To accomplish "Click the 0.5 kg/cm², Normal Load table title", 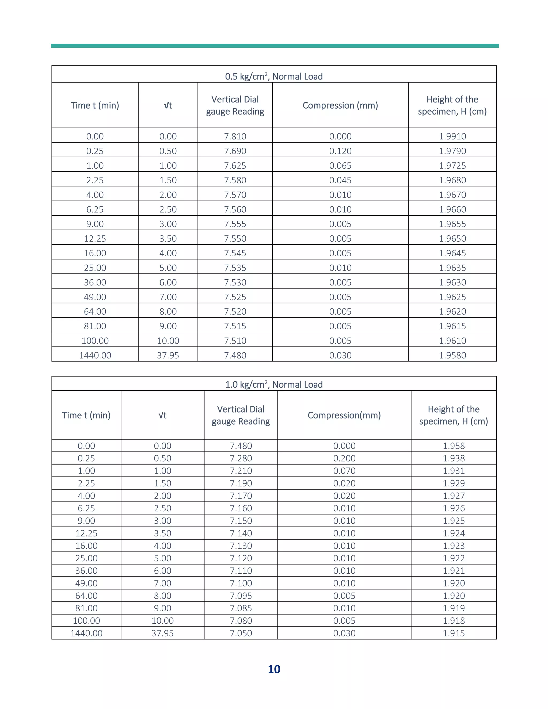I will (274, 76).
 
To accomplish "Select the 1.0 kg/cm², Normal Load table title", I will (274, 384).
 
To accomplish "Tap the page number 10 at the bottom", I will (274, 669).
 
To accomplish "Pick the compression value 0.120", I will (340, 151).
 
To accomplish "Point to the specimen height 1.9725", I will (452, 165).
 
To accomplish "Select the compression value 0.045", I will (340, 180).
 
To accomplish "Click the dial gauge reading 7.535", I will (235, 268).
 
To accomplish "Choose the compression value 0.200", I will (344, 458).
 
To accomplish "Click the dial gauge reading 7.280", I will (241, 458).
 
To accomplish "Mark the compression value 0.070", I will (344, 470).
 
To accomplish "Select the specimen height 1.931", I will (454, 470).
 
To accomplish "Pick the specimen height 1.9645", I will (452, 253).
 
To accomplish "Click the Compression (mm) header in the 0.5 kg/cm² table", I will (340, 105).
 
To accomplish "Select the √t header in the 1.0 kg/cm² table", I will (162, 415).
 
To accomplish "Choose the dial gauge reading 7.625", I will (235, 165).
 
